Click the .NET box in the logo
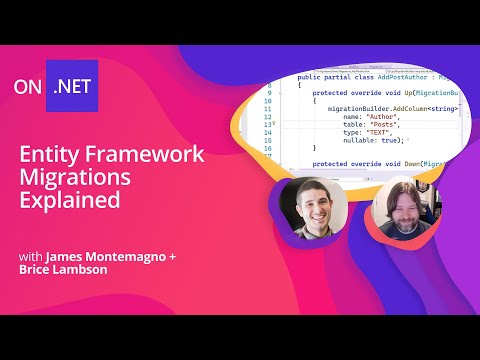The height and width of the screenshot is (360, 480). tap(76, 85)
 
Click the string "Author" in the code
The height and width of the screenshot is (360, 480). tap(382, 117)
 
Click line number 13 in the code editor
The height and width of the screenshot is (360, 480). tap(268, 126)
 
